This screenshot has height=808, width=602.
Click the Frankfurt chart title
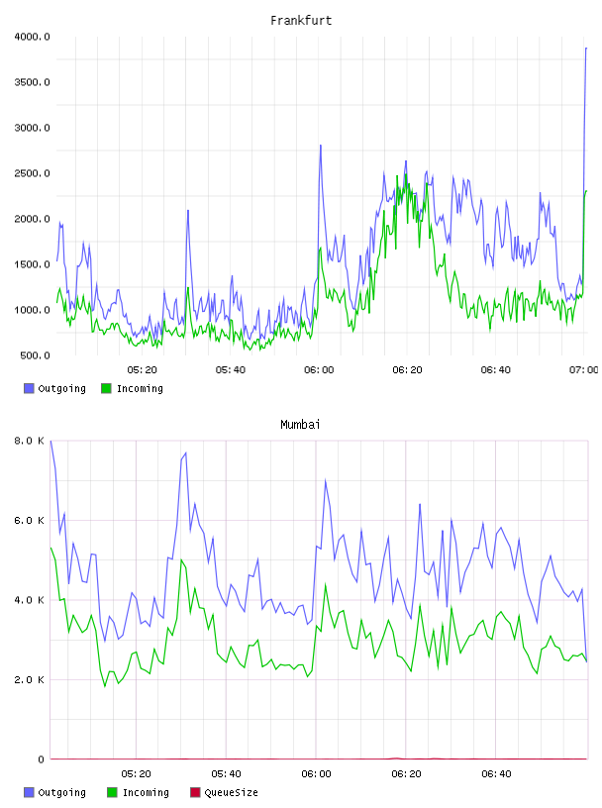[x=301, y=20]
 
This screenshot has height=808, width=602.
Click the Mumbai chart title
[x=300, y=425]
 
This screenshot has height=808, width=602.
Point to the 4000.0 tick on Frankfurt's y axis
[x=32, y=37]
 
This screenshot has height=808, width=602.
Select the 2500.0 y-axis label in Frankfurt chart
[x=32, y=173]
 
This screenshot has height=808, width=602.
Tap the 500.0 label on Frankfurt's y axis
[x=35, y=355]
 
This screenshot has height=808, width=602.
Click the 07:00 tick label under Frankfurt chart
[x=583, y=370]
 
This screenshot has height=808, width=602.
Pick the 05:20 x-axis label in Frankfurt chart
[x=143, y=370]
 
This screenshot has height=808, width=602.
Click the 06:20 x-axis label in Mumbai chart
[x=406, y=774]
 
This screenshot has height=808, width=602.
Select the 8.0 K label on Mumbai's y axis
[x=29, y=441]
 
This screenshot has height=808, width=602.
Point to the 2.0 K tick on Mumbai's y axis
[x=29, y=679]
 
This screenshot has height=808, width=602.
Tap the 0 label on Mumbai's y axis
[x=41, y=759]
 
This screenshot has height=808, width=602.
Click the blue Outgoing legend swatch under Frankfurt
[x=29, y=388]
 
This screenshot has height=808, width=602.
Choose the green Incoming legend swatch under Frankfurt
[x=106, y=388]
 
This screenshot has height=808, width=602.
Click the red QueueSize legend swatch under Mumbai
[x=195, y=792]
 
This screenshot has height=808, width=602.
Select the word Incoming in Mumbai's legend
[x=146, y=793]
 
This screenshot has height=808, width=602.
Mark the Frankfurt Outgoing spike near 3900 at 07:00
[x=586, y=48]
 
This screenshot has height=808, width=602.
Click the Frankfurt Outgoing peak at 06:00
[x=321, y=146]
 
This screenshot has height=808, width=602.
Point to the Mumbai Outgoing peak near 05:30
[x=185, y=453]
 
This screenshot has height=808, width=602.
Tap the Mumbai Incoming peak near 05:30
[x=181, y=559]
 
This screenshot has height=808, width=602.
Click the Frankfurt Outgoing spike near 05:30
[x=188, y=210]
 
